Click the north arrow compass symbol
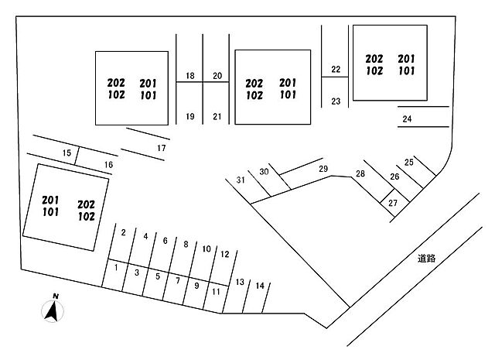[53, 309]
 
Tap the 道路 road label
[426, 259]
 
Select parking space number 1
[116, 268]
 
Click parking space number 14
[260, 286]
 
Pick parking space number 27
[393, 203]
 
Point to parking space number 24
[407, 118]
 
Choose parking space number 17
[161, 147]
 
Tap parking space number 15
[67, 153]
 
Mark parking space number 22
[335, 70]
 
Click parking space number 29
[323, 170]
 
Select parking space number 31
[241, 180]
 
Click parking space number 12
[224, 254]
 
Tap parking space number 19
[189, 117]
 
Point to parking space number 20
[217, 75]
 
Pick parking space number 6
[165, 241]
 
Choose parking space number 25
[409, 163]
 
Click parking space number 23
[336, 101]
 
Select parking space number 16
[108, 165]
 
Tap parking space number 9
[196, 285]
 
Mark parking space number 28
[360, 173]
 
